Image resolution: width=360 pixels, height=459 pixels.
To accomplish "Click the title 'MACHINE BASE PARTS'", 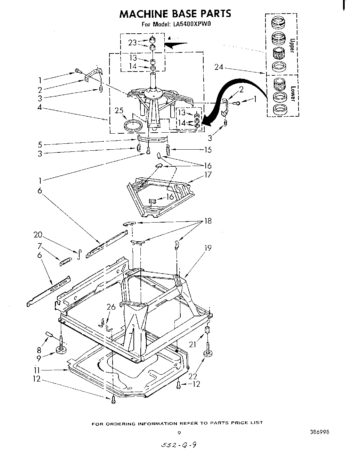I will pos(175,14).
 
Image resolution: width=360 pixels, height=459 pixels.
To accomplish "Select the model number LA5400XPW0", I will pos(191,24).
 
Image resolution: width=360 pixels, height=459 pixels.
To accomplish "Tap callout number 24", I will pos(219,67).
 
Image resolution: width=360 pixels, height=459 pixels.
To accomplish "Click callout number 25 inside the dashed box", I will pos(119,111).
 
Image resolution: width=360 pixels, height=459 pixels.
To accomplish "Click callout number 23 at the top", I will pos(132,42).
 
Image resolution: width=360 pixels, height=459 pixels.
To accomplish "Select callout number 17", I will pos(208,175).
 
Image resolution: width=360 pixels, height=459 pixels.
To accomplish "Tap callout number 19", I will pos(208,248).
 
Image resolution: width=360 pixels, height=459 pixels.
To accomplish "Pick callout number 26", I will pos(111,307).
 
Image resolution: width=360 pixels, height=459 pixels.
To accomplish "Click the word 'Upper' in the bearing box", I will pos(292,45).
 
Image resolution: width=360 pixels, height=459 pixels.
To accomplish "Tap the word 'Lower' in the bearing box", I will pos(293,93).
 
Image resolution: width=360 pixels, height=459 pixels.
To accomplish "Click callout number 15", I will pos(208,150).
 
